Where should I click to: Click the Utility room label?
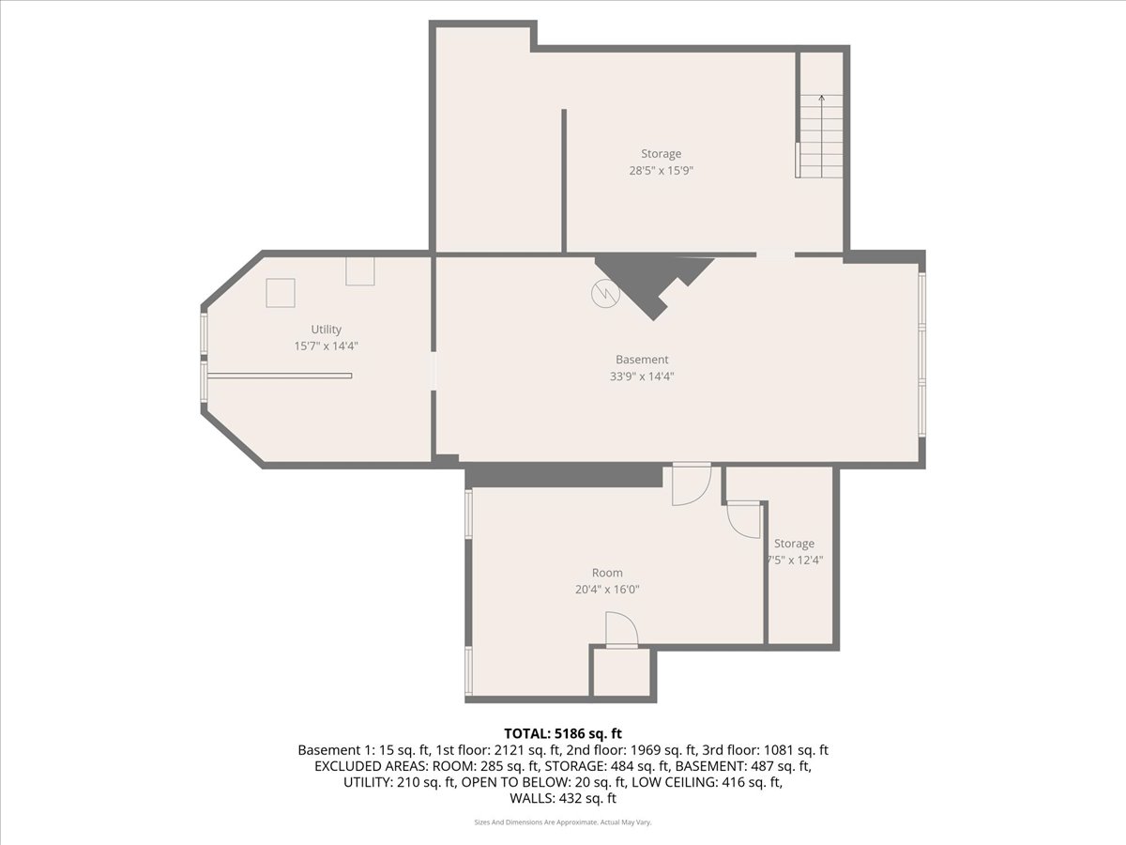[x=327, y=330]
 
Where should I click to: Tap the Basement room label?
[x=642, y=360]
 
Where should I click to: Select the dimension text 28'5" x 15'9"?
[x=662, y=170]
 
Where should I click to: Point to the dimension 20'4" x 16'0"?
[x=607, y=589]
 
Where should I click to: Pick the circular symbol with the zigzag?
[x=605, y=294]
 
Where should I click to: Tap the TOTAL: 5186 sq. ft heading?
[x=563, y=733]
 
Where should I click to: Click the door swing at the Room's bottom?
[x=622, y=629]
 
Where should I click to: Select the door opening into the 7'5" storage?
[x=744, y=519]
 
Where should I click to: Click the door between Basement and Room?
[x=692, y=484]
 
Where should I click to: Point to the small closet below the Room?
[x=622, y=672]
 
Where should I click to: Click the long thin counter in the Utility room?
[x=280, y=376]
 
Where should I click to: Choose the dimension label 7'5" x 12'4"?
[x=795, y=560]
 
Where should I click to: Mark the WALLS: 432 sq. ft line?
[x=563, y=798]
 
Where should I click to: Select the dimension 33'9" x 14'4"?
[x=642, y=376]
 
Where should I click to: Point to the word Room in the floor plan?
[x=607, y=573]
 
